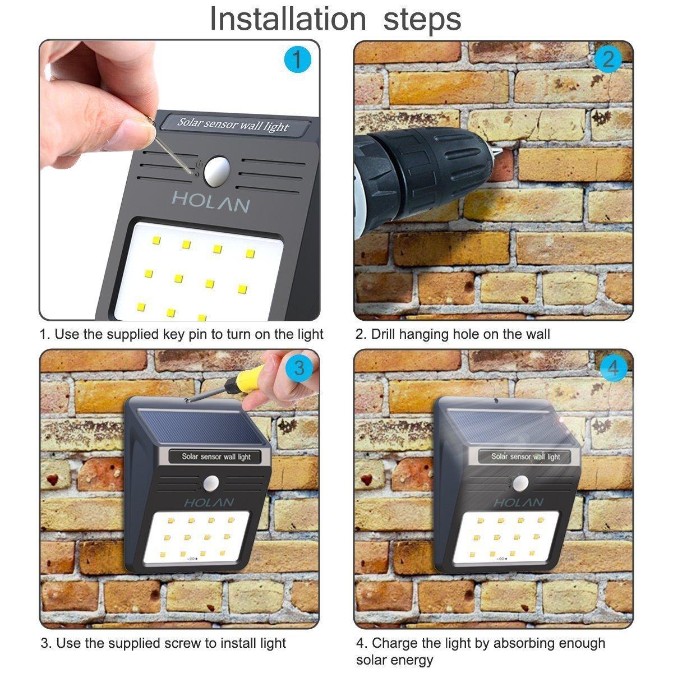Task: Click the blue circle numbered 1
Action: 297,59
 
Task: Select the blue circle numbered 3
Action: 299,368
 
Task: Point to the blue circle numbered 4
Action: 613,368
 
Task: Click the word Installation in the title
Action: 288,19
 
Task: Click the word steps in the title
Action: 422,20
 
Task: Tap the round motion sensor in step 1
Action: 216,171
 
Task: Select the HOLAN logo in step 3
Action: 209,503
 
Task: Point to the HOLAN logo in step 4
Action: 518,503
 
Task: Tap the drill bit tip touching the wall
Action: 499,152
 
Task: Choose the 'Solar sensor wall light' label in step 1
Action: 234,125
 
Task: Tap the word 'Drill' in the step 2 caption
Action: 383,334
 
